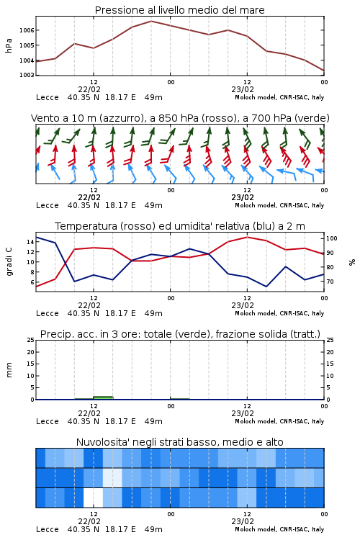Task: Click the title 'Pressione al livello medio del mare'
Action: point(179,10)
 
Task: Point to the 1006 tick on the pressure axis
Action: point(27,30)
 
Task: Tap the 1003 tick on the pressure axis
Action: point(27,75)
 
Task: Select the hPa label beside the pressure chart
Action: point(9,45)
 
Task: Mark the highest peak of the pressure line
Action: point(151,21)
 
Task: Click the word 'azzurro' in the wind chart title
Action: point(121,118)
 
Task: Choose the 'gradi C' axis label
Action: point(9,261)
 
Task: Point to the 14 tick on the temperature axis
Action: point(30,242)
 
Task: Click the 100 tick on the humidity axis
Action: point(332,238)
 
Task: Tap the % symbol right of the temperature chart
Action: point(352,262)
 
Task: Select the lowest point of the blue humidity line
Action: point(266,287)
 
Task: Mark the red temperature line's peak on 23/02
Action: point(247,237)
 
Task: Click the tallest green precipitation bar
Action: point(103,397)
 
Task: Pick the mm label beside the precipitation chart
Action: point(9,369)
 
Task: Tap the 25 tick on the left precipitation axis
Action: point(30,340)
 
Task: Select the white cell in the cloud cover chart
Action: point(93,498)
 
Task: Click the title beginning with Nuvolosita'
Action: point(179,442)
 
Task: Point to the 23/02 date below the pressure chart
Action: point(243,89)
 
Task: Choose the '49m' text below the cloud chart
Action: point(153,529)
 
